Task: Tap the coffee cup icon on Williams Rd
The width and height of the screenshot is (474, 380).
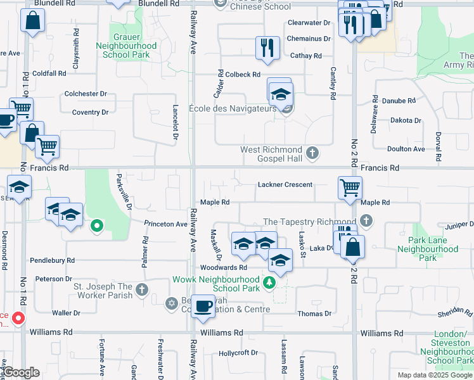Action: [x=203, y=306]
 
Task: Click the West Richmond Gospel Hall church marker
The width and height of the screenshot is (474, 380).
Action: [x=312, y=153]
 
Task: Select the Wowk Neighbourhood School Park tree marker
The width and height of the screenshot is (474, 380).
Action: [x=270, y=282]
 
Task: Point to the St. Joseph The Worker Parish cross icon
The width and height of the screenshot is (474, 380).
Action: [x=142, y=291]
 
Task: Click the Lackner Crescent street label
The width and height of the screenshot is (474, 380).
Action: [x=285, y=185]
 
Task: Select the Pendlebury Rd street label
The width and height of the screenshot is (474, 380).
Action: [x=53, y=260]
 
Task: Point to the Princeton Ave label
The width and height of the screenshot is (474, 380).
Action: [x=166, y=224]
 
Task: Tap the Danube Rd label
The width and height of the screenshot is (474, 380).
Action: [x=398, y=101]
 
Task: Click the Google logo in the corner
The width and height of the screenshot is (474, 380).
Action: [x=22, y=372]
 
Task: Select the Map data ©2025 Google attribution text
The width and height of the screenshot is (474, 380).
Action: [x=435, y=375]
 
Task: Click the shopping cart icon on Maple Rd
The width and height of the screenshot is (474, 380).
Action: [x=349, y=187]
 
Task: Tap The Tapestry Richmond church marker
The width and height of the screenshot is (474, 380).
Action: [x=366, y=221]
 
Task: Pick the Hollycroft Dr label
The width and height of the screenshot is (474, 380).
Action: [x=238, y=353]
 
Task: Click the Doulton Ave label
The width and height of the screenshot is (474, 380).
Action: [x=407, y=149]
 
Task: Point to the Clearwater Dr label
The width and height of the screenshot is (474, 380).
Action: [x=309, y=23]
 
